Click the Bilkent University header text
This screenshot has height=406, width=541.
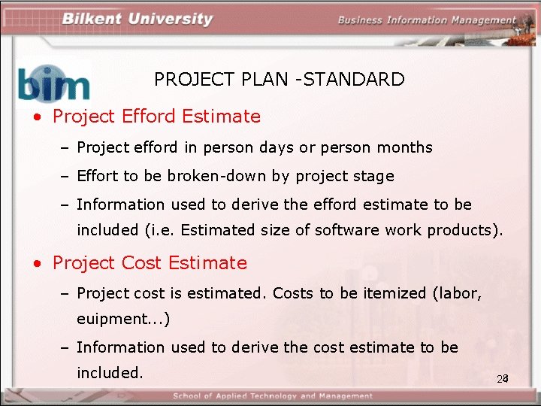pos(137,19)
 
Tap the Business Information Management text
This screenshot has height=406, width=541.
pos(426,20)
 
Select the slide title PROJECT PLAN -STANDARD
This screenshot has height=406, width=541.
pos(279,79)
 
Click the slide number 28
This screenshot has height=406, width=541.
pos(503,378)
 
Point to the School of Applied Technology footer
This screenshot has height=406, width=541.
pos(272,396)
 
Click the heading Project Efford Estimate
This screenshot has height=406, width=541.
pos(156,117)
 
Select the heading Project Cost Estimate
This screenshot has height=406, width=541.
pos(150,263)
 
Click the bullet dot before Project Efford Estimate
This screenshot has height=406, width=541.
pos(36,118)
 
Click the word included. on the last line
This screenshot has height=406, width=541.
pos(110,372)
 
